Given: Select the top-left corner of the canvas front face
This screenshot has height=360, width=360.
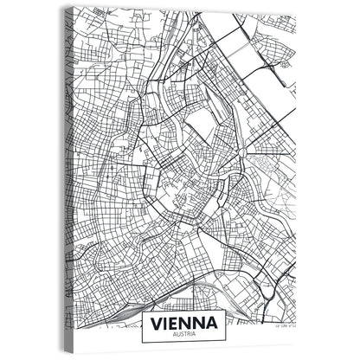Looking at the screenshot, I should pos(73,8).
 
